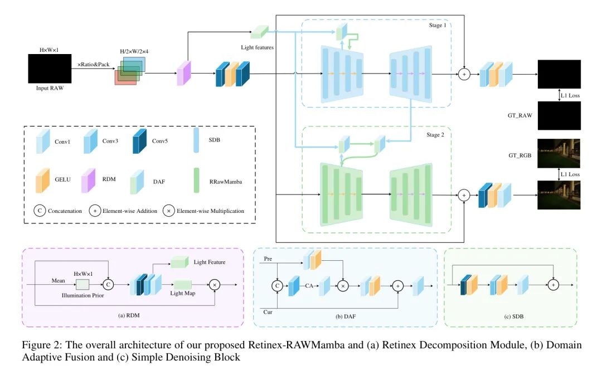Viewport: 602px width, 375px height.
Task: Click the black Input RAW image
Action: (50, 69)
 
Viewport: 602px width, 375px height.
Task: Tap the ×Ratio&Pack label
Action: (93, 64)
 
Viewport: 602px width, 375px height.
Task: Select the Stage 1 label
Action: (438, 25)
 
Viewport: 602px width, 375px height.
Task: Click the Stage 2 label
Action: (435, 135)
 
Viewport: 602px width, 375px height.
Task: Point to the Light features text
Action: (257, 47)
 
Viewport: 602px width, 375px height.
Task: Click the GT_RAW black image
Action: (559, 115)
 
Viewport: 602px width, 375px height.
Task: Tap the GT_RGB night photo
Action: (559, 154)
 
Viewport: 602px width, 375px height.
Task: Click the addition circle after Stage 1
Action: (464, 74)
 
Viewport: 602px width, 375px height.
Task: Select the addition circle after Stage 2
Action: (464, 195)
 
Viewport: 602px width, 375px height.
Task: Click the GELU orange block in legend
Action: (42, 180)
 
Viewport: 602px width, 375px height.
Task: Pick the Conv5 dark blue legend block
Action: (139, 141)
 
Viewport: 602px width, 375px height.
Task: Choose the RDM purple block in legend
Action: (88, 180)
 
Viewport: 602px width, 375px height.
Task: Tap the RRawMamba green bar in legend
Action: (196, 180)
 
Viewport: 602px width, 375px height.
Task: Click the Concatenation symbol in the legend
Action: (40, 211)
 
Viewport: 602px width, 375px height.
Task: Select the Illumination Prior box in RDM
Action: (82, 284)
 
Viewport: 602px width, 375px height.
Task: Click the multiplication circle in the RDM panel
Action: (215, 285)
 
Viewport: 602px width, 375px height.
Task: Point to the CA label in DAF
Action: (309, 285)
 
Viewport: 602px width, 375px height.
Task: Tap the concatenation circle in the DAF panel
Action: (277, 285)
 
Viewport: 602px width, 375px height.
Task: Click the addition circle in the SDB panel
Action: (554, 285)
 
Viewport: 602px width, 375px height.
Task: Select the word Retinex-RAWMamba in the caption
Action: (297, 345)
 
